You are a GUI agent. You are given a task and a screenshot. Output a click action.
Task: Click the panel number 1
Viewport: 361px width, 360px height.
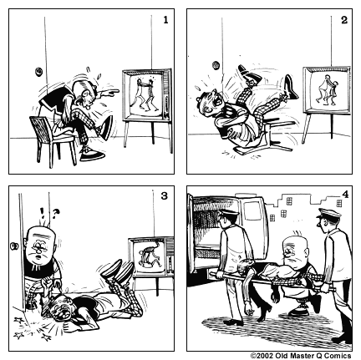(166, 18)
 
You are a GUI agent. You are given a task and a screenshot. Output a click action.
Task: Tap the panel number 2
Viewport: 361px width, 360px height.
(342, 18)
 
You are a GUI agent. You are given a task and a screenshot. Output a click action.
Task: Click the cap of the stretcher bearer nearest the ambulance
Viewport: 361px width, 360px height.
(221, 213)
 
